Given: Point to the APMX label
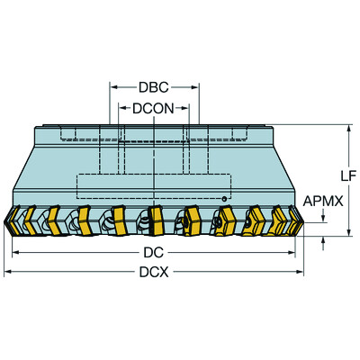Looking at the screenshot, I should [323, 202].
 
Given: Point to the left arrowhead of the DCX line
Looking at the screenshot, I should [7, 271].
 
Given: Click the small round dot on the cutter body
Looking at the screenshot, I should [224, 196].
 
